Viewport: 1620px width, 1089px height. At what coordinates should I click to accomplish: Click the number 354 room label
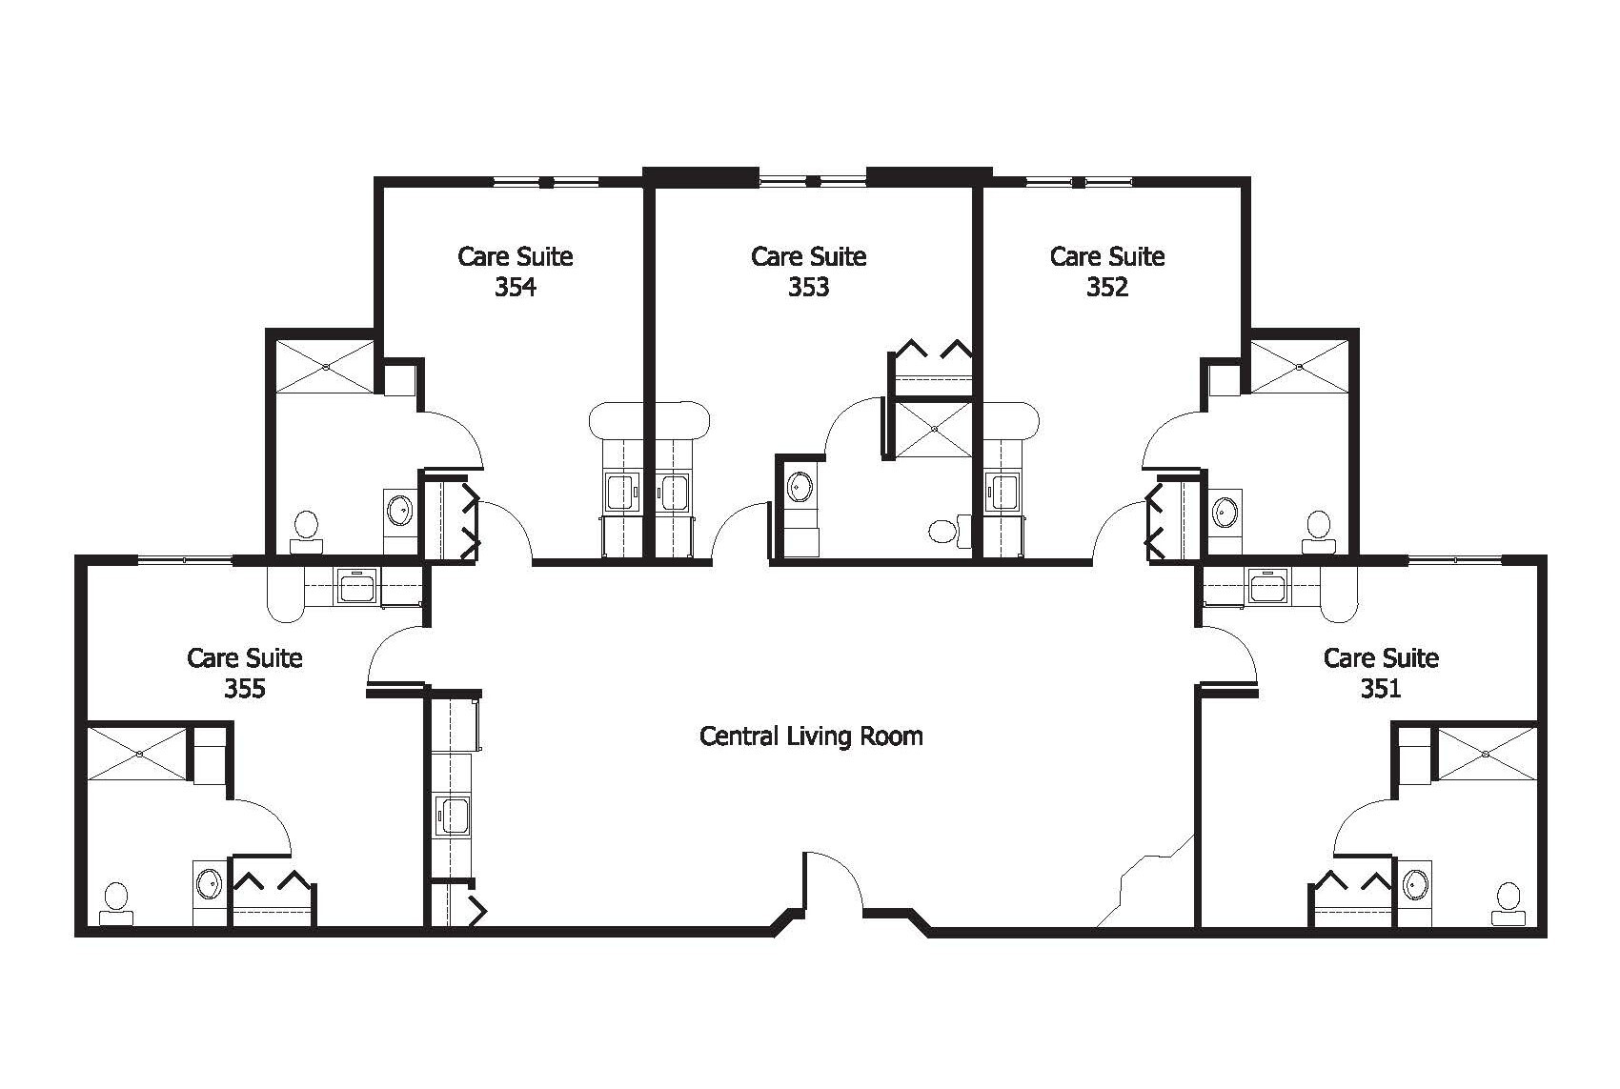coord(515,287)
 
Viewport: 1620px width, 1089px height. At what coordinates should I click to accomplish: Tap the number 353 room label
coord(808,287)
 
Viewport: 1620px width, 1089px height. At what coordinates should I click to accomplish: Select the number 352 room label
coord(1106,287)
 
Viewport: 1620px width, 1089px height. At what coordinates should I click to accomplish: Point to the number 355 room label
coord(244,688)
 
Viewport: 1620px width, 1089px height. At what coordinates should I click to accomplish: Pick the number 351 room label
coord(1381,688)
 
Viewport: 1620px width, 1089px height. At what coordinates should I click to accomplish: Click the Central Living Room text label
coord(811,736)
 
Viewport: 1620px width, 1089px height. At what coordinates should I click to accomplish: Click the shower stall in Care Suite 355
coord(139,753)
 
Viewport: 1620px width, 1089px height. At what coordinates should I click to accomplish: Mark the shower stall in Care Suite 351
coord(1486,755)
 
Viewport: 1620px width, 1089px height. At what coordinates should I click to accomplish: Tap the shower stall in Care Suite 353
coord(934,429)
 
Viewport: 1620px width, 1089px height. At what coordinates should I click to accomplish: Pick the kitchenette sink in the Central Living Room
coord(453,817)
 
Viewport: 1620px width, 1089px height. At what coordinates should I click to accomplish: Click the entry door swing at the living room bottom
coord(831,881)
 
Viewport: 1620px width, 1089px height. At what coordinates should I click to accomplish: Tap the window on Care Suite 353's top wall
coord(813,179)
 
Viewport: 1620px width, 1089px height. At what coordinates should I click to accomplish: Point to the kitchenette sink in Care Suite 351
coord(1268,587)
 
